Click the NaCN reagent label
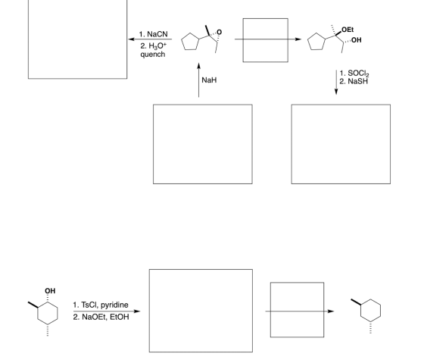(x=157, y=34)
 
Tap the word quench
(x=153, y=55)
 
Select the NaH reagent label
(x=209, y=80)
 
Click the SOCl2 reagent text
(x=358, y=74)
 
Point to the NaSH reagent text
(x=357, y=81)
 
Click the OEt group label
(x=348, y=30)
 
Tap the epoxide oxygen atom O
(x=220, y=32)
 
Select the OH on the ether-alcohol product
(x=356, y=40)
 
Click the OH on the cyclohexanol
(x=50, y=291)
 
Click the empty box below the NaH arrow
(x=153, y=144)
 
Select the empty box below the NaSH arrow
(x=291, y=144)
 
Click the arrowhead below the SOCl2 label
(x=336, y=92)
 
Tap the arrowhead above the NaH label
(x=198, y=66)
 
